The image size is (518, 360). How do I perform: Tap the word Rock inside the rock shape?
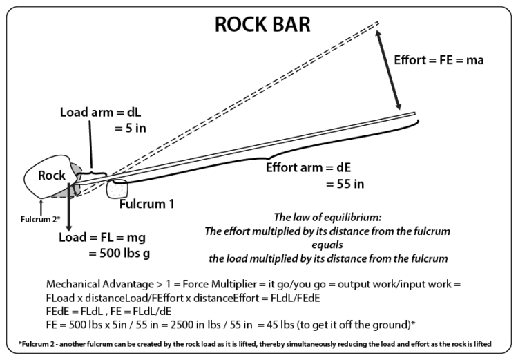[52, 176]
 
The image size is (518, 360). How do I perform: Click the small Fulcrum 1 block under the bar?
[119, 189]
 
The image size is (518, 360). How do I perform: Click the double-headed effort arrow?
[388, 68]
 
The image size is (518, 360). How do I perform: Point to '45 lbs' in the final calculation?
[300, 322]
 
